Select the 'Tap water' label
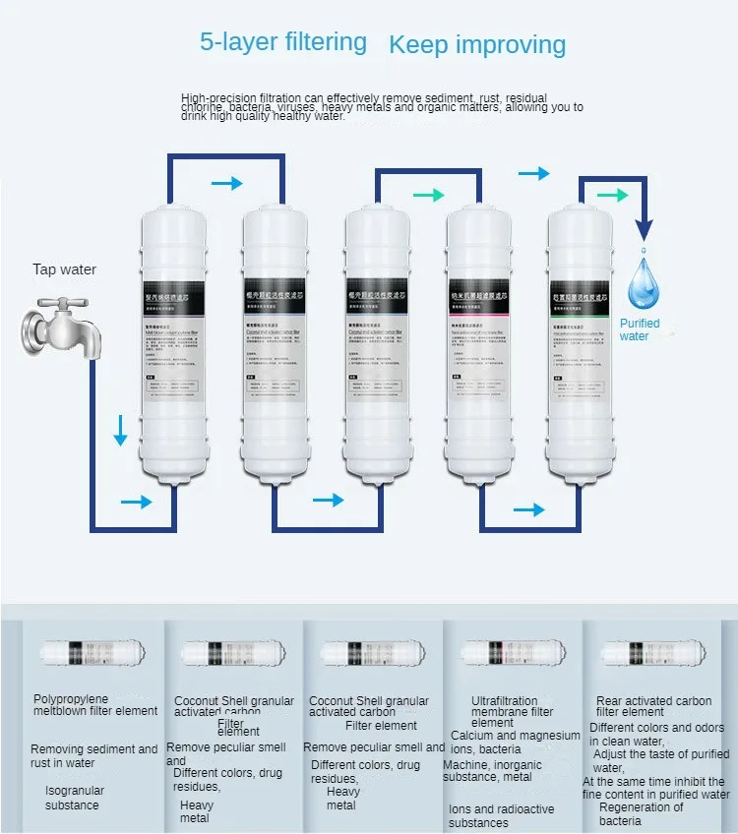(x=65, y=269)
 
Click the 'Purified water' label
(x=639, y=329)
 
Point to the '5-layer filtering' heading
(x=282, y=42)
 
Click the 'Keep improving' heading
(x=477, y=45)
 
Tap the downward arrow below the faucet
(x=120, y=430)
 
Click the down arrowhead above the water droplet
(x=643, y=230)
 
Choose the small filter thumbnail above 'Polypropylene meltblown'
(x=92, y=652)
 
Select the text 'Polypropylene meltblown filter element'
(x=94, y=704)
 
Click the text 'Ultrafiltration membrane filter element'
(x=512, y=712)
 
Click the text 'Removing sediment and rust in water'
(x=93, y=755)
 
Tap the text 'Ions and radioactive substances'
(x=501, y=815)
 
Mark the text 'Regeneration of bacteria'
(x=641, y=813)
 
